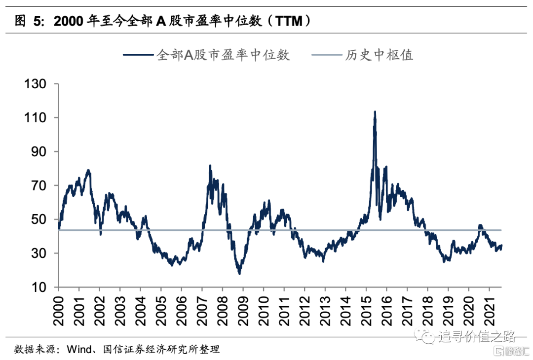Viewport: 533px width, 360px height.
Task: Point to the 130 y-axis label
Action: (x=36, y=84)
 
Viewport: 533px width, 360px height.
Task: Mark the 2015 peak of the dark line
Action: (x=375, y=112)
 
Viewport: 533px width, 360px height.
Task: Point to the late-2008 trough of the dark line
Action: (x=240, y=273)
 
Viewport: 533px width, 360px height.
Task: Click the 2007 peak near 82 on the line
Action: (x=210, y=166)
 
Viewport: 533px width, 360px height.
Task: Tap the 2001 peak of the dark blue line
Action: (x=88, y=170)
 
